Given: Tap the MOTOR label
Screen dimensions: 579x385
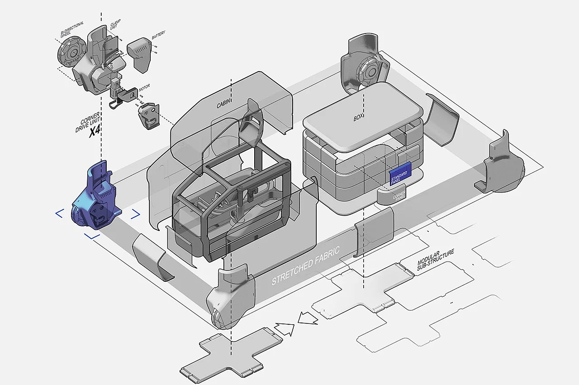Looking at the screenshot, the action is [145, 85].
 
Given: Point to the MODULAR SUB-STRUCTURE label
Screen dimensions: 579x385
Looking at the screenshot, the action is [435, 260].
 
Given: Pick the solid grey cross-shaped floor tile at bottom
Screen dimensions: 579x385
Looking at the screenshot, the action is [222, 358].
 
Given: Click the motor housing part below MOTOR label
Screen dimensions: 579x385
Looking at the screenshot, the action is [148, 115].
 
